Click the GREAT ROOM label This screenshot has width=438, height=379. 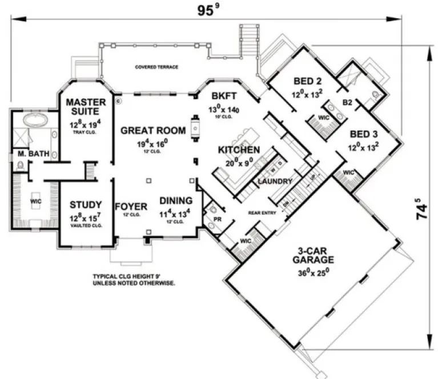(x=152, y=131)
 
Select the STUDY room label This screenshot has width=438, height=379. (x=86, y=204)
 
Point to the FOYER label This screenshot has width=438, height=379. (x=131, y=206)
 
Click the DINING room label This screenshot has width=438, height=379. (x=176, y=201)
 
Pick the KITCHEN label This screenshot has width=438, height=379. (x=239, y=150)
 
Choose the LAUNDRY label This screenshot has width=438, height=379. (x=275, y=182)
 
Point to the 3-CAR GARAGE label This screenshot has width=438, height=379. (x=311, y=255)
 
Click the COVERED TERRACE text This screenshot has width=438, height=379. (x=156, y=67)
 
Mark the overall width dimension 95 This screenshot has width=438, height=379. (x=204, y=10)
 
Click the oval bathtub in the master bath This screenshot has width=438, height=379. (x=38, y=121)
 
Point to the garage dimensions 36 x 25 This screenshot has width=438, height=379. (x=311, y=273)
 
